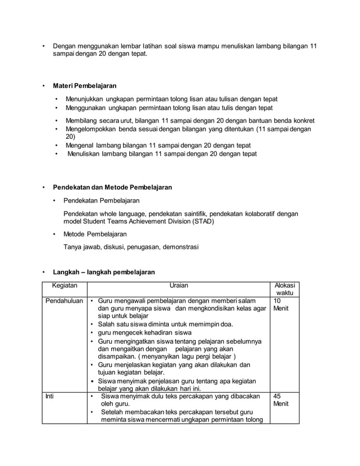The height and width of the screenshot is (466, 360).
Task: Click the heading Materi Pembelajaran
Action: [85, 86]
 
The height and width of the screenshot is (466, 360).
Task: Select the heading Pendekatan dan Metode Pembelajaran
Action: [112, 187]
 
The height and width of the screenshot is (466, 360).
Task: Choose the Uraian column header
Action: [178, 286]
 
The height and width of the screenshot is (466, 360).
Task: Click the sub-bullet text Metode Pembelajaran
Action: [95, 234]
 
